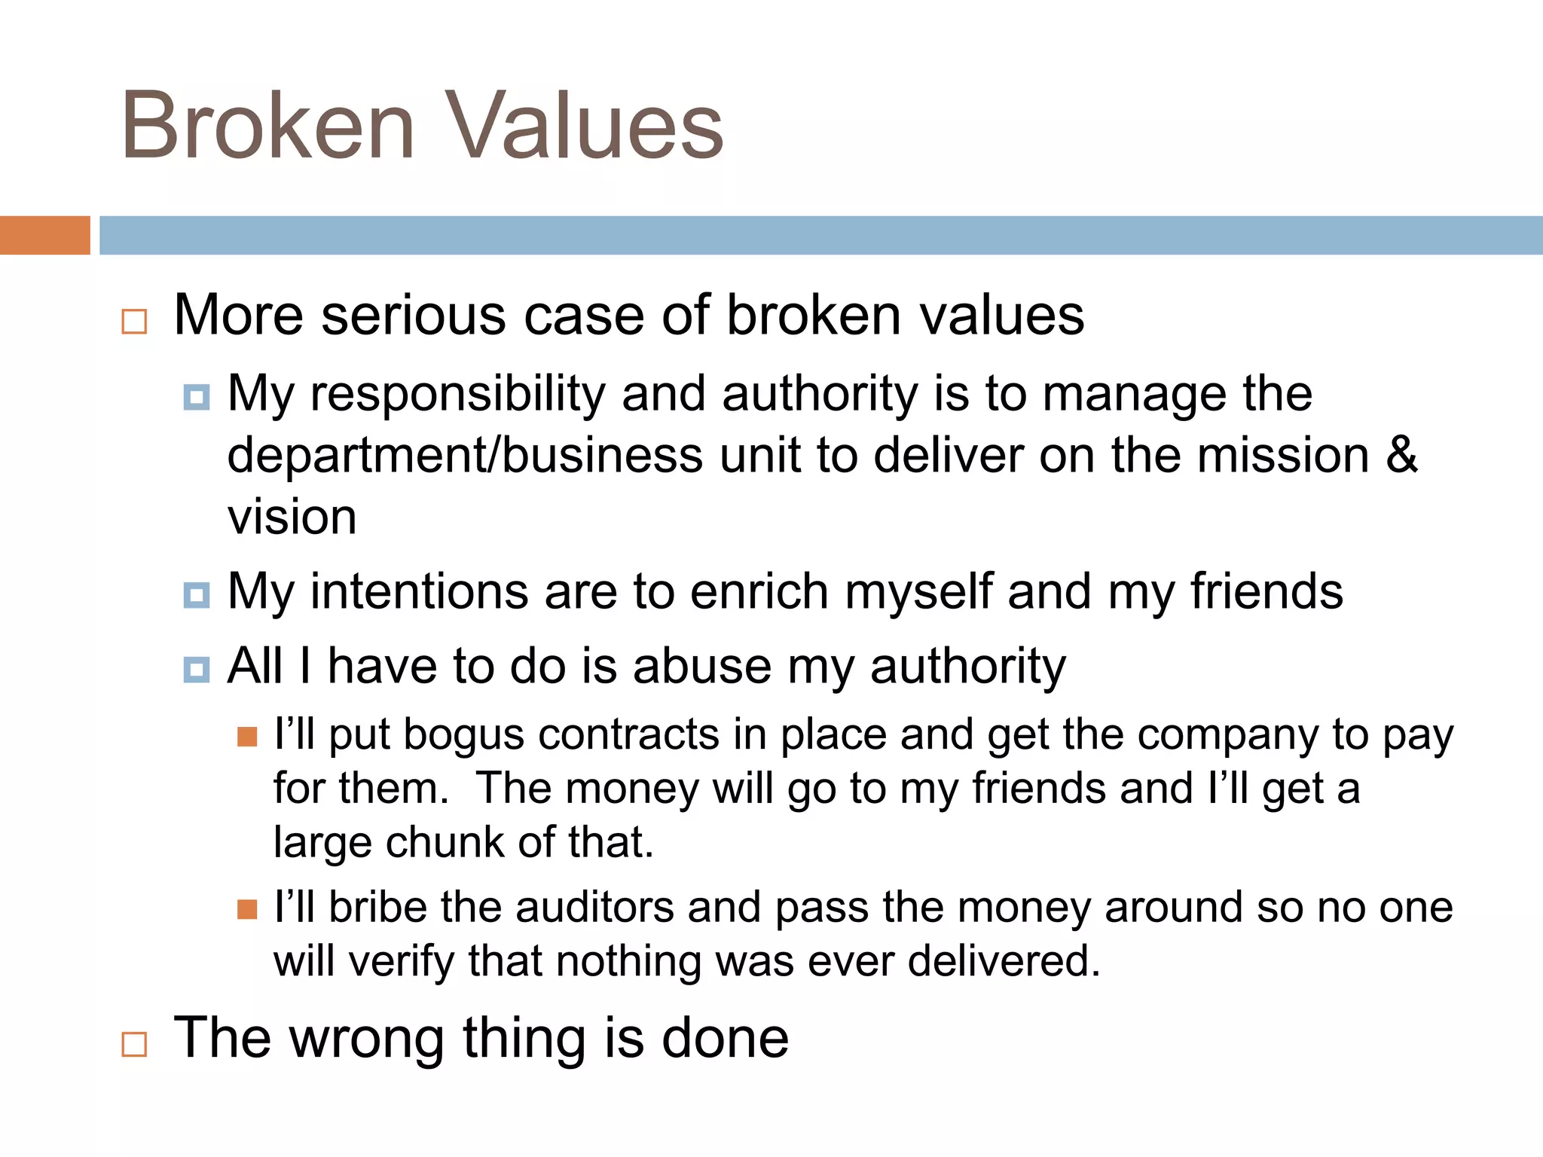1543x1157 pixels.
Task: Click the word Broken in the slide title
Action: click(268, 126)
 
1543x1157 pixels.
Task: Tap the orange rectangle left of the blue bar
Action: click(44, 235)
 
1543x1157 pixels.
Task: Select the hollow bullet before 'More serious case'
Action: click(134, 322)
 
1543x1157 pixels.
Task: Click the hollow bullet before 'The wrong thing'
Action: click(134, 1044)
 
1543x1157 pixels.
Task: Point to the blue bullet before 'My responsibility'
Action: click(197, 397)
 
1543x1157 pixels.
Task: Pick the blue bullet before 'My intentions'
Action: click(197, 595)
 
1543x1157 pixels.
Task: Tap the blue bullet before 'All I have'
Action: click(197, 669)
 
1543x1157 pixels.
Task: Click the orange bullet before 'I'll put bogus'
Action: click(247, 736)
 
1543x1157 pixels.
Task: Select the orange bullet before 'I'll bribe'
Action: click(247, 909)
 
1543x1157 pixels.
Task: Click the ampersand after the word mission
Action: click(1401, 455)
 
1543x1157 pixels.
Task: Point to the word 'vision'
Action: click(292, 517)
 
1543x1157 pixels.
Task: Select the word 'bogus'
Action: click(464, 735)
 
